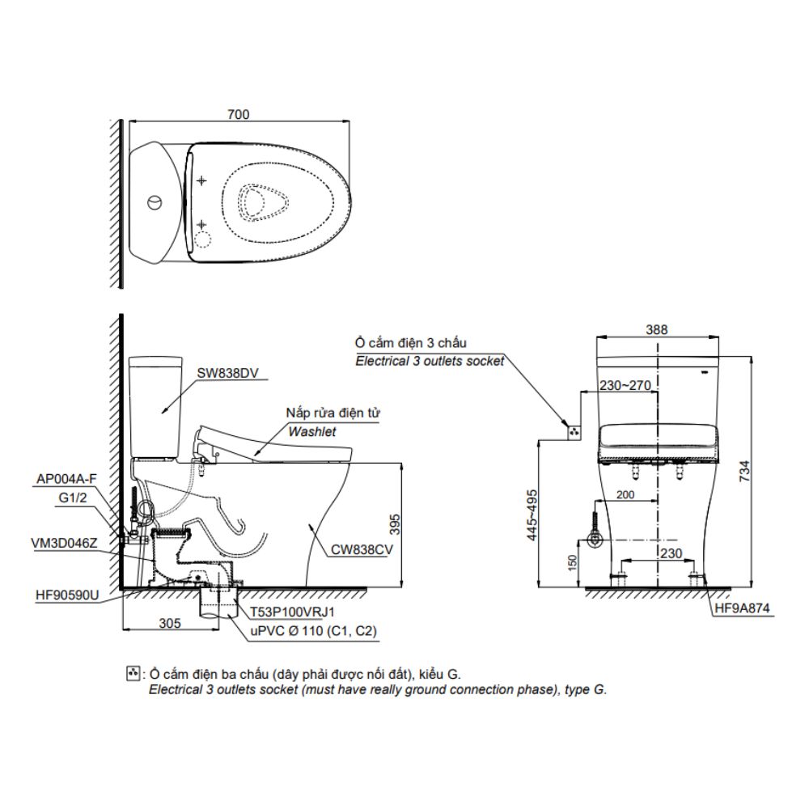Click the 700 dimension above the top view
click(239, 115)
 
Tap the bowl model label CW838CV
click(361, 549)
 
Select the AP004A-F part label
click(66, 479)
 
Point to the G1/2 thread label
click(72, 500)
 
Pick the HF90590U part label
click(66, 595)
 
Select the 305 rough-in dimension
click(168, 623)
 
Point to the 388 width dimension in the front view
click(657, 329)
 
